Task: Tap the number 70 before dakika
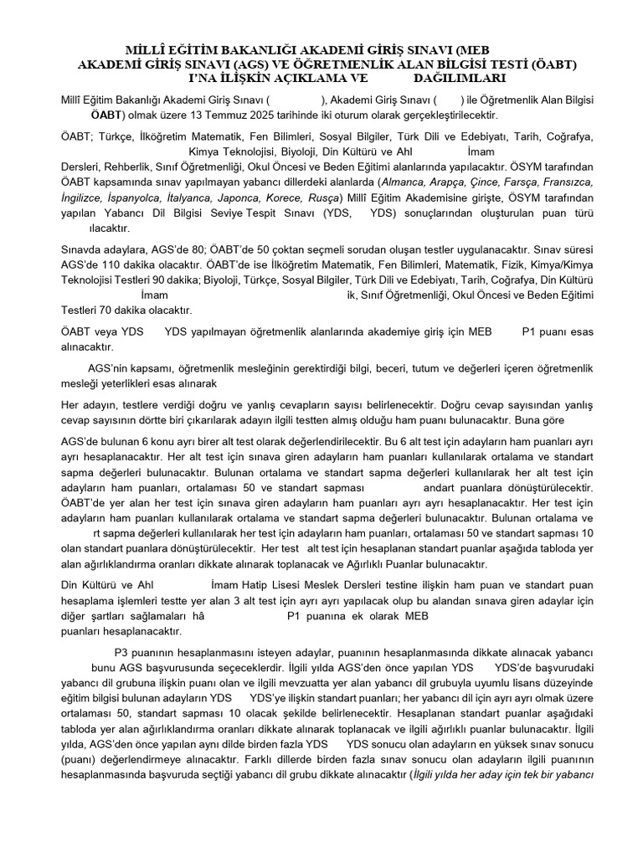click(x=103, y=310)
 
